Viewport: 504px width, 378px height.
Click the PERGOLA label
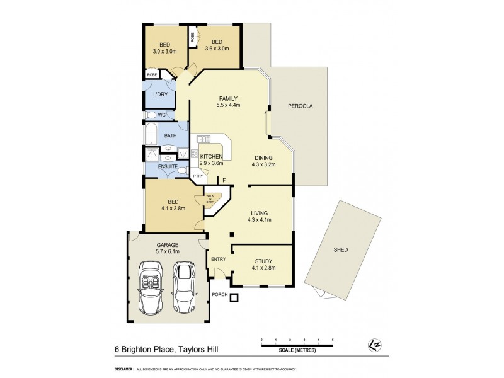click(x=300, y=106)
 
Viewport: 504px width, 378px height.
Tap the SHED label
click(x=340, y=250)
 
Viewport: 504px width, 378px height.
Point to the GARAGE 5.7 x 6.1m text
click(x=168, y=248)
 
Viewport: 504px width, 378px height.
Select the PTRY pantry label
click(x=197, y=176)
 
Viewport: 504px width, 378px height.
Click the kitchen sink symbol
click(x=203, y=139)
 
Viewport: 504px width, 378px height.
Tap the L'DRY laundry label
click(x=160, y=94)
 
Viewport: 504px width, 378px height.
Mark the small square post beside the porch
click(x=234, y=298)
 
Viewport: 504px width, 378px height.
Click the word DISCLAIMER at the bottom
click(x=123, y=369)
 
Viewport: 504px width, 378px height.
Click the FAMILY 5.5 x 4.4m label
click(x=227, y=102)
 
